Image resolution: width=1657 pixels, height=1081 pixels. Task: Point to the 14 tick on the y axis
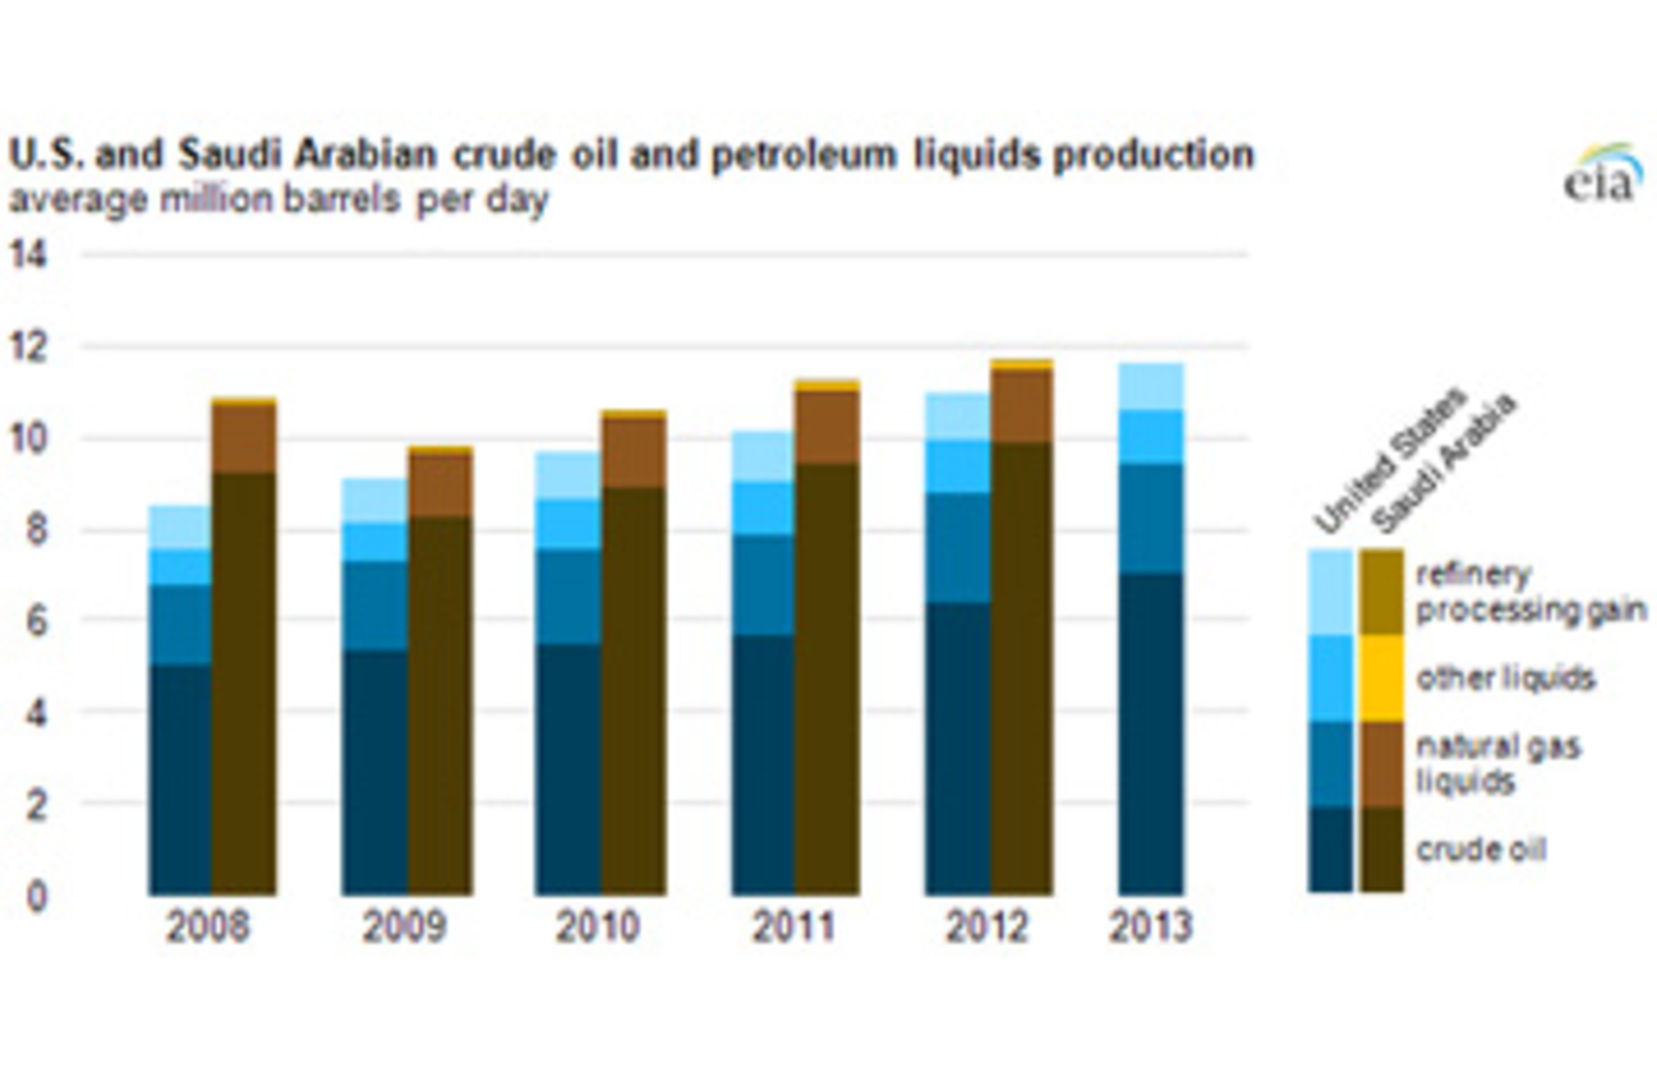(x=28, y=255)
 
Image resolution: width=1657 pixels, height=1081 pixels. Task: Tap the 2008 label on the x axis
(x=207, y=927)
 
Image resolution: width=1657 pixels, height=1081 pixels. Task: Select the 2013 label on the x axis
(x=1150, y=927)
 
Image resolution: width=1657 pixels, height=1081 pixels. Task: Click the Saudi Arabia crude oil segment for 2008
(x=243, y=682)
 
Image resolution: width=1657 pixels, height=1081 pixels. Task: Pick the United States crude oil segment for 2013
(x=1151, y=733)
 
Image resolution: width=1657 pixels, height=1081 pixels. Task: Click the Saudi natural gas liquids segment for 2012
(x=1022, y=405)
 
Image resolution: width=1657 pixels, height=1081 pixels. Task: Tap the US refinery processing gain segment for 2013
(x=1151, y=387)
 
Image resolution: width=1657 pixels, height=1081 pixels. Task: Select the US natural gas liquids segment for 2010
(x=568, y=595)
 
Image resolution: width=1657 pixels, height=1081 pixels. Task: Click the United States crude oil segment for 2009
(x=375, y=772)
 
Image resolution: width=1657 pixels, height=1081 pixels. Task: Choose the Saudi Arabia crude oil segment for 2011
(x=827, y=677)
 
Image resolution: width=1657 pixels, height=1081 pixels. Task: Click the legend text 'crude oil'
(x=1481, y=850)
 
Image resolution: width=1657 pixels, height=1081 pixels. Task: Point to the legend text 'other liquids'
(x=1505, y=678)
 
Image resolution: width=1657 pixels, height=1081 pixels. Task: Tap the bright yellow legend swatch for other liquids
(x=1381, y=678)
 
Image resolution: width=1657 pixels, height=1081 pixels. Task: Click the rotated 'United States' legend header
(x=1389, y=462)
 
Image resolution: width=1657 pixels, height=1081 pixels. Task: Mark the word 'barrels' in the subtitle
(x=343, y=199)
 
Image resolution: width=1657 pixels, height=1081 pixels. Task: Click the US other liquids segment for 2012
(x=958, y=466)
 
